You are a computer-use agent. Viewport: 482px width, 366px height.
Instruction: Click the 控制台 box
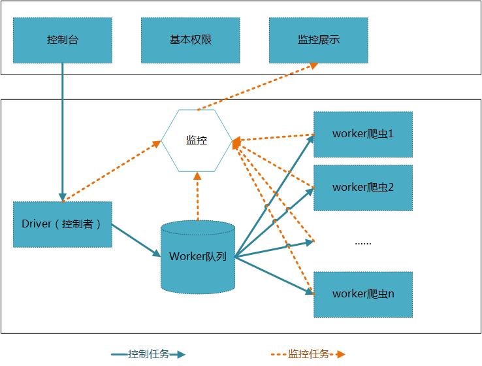pos(63,40)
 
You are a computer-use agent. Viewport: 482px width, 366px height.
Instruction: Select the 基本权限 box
pos(190,40)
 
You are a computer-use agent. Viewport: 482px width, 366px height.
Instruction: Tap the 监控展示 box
pos(318,40)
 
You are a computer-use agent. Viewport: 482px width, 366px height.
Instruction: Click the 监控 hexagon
pos(197,140)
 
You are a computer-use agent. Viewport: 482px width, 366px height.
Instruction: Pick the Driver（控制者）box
pos(63,224)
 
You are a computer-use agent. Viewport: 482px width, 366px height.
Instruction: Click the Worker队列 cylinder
pos(197,256)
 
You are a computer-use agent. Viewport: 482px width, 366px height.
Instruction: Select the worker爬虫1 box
pos(363,134)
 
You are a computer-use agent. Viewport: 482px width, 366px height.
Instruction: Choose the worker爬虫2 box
pos(363,188)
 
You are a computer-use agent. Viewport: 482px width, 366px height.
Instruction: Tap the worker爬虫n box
pos(363,294)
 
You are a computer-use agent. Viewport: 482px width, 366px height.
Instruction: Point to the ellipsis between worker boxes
pos(362,242)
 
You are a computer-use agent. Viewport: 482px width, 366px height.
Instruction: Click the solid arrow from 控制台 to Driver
pos(63,131)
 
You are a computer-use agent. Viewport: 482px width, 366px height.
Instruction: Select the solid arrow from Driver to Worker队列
pos(137,240)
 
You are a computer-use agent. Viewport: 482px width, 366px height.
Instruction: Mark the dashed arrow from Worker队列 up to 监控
pos(197,196)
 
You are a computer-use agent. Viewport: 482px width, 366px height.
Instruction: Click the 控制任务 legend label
pos(148,354)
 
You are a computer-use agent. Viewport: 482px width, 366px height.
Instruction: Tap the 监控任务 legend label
pos(308,354)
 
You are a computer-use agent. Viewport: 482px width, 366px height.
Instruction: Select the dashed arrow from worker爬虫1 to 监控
pos(274,138)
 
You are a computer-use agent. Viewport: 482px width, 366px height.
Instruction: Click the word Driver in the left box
pos(37,224)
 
